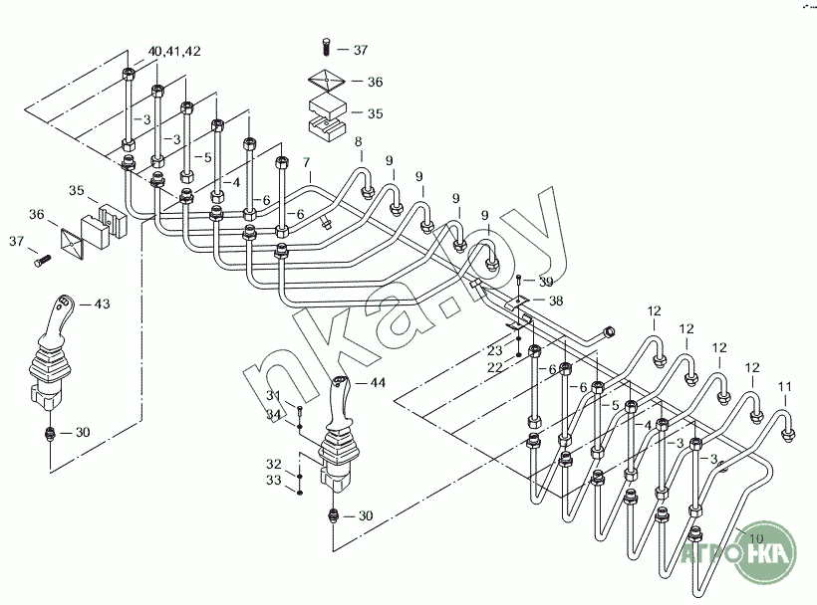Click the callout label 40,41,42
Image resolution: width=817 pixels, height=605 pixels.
[174, 51]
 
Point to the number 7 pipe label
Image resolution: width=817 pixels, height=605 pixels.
[307, 163]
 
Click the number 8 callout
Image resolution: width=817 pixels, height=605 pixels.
[358, 141]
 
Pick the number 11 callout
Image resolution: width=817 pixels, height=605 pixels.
[785, 386]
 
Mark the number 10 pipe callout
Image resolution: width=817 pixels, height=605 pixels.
[755, 538]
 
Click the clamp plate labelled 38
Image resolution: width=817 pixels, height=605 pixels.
[517, 302]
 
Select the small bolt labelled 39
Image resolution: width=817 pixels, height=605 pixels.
[519, 282]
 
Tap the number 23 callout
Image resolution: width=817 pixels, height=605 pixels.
[494, 349]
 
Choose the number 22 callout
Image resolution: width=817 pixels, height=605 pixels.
[494, 367]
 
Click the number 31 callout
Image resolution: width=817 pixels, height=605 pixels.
[274, 395]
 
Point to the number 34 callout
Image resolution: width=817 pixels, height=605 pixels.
[274, 414]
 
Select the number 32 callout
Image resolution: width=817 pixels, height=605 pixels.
[274, 464]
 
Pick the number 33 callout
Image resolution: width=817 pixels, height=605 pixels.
[274, 480]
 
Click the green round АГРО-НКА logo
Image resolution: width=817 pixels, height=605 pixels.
[765, 552]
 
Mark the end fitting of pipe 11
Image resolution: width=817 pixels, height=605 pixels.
[787, 435]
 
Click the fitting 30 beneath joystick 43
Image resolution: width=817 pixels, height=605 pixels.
[50, 433]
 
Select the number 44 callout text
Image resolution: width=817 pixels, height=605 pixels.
[378, 383]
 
